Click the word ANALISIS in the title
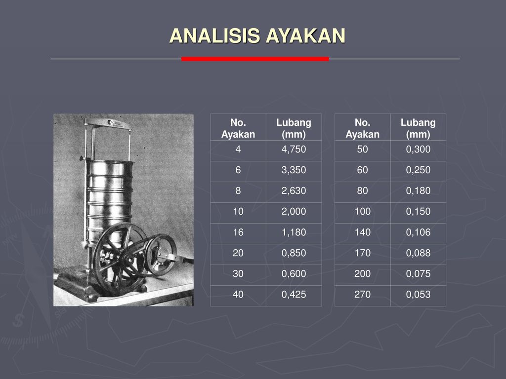[214, 36]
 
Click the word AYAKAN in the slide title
[306, 36]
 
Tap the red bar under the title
[255, 59]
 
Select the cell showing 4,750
[294, 150]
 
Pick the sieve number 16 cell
[238, 232]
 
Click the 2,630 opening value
[294, 191]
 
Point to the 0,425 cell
[294, 295]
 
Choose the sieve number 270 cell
[362, 295]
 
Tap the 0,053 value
[418, 295]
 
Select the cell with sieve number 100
[362, 212]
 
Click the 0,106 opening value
[418, 232]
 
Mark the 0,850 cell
[294, 253]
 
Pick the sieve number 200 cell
[362, 274]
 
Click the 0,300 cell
[418, 150]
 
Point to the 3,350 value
[294, 170]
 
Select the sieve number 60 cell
[362, 170]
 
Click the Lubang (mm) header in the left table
[294, 128]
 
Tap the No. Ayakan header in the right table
[362, 128]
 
